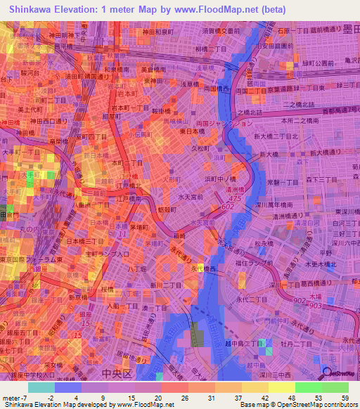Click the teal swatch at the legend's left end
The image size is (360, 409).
tap(41, 387)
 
